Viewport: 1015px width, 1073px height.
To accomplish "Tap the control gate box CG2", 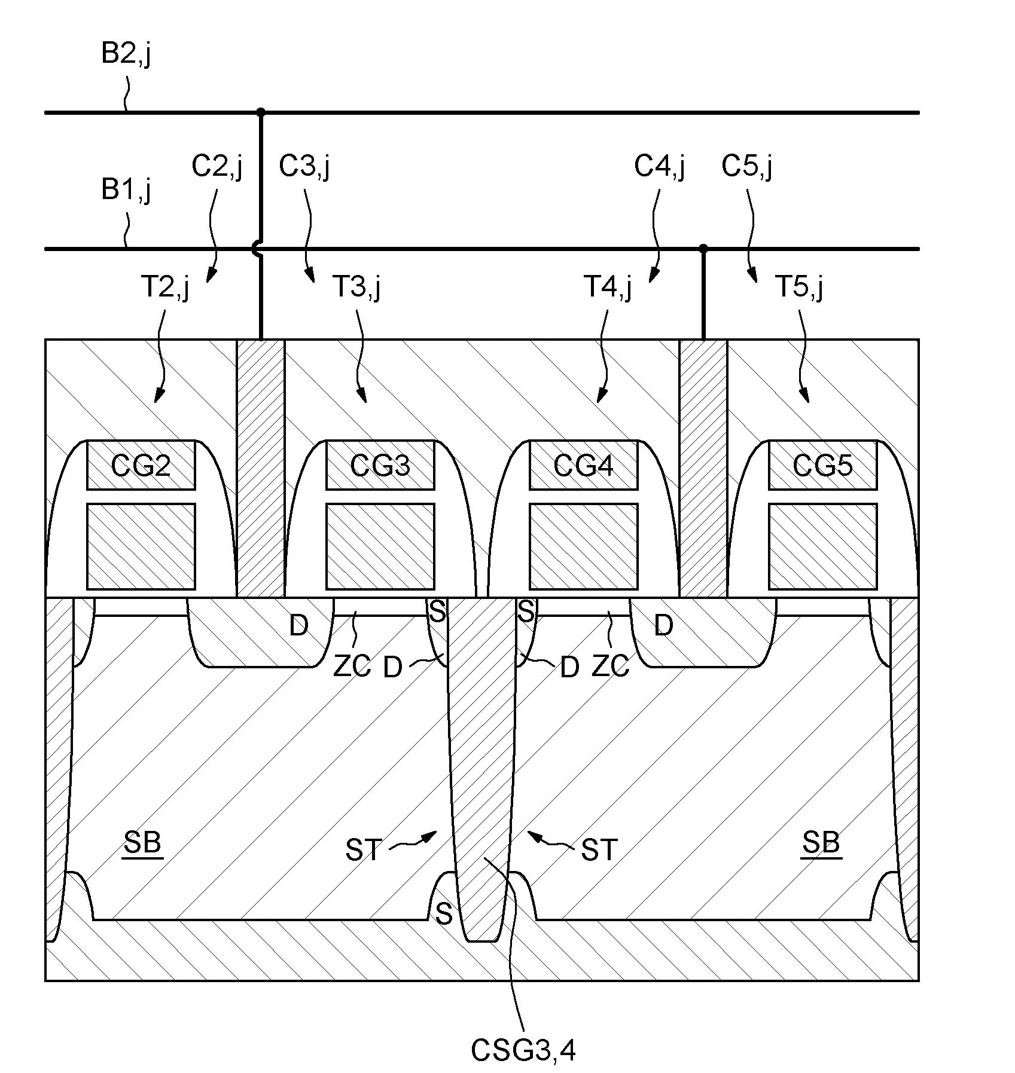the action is point(141,465).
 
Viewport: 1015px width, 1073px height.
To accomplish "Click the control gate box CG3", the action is point(380,465).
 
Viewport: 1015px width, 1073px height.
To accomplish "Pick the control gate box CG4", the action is point(584,465).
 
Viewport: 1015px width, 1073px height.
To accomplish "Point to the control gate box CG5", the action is point(823,465).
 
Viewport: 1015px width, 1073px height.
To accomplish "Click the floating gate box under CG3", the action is point(380,546).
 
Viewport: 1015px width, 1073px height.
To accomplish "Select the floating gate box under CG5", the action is point(823,546).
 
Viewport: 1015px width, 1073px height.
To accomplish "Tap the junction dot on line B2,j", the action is point(261,112).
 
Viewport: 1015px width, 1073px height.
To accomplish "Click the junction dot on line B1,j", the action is point(703,248).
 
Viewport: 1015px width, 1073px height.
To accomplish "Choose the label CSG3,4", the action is point(523,1051).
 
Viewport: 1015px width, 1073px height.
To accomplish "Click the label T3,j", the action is point(356,288).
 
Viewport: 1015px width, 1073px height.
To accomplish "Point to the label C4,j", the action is point(660,166).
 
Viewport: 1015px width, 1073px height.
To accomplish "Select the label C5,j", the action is point(747,166).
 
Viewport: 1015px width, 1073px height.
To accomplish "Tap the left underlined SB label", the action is point(143,843).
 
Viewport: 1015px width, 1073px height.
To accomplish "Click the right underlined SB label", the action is point(822,843).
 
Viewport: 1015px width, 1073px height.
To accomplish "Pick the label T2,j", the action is point(165,288).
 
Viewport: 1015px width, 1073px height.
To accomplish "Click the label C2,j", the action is point(217,166).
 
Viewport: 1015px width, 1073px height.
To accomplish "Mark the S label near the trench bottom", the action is point(443,913).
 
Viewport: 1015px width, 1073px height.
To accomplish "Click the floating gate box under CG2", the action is point(141,546).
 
